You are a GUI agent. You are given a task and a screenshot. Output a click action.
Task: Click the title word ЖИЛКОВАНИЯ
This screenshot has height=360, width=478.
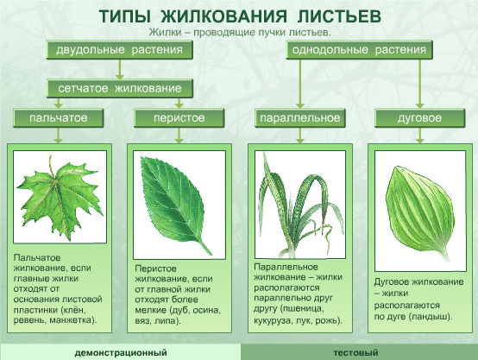point(223,16)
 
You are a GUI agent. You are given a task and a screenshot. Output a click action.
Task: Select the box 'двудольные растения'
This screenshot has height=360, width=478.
point(119,50)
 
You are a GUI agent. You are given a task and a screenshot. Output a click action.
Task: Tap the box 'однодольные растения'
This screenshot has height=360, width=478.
point(359,50)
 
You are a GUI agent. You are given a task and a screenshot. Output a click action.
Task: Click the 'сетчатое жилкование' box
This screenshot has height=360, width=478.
point(119,88)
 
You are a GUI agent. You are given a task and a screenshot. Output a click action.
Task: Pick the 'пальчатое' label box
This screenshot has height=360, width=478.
point(58,118)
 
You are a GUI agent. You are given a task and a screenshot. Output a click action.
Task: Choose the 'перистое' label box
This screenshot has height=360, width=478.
point(179,118)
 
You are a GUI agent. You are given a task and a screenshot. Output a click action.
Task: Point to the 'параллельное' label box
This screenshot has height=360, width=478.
point(299,118)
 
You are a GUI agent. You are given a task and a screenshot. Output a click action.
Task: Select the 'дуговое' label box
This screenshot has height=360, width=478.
point(419,118)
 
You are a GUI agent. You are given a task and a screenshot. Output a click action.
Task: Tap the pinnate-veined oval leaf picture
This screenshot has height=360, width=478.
point(177,203)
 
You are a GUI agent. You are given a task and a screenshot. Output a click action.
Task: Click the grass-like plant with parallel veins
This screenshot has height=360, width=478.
point(300,205)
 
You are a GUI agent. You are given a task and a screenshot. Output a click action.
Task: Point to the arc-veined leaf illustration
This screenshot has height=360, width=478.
point(418,212)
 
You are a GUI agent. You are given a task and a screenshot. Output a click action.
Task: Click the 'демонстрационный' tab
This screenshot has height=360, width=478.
point(121,352)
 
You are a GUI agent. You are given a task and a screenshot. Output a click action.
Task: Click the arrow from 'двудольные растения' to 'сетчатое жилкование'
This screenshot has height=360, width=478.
point(119,69)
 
